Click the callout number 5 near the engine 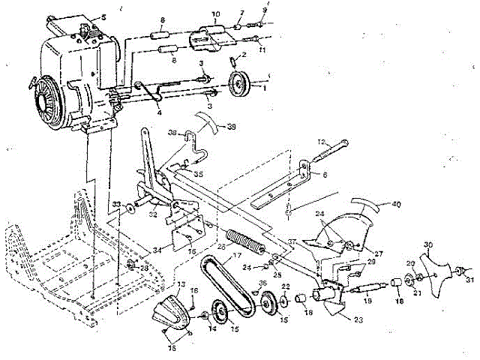click(103, 17)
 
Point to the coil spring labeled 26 click(245, 244)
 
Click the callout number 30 click(427, 244)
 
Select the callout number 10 click(216, 15)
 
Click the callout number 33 click(116, 204)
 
